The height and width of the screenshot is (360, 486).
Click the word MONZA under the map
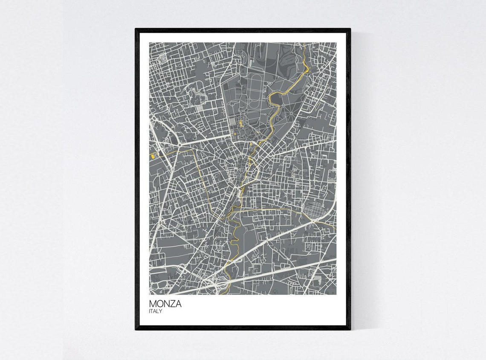click(x=165, y=304)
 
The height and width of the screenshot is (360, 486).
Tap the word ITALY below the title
click(x=156, y=311)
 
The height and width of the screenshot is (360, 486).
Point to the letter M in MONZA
click(x=153, y=304)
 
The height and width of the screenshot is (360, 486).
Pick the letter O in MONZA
click(x=159, y=304)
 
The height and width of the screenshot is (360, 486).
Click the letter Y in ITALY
click(x=161, y=311)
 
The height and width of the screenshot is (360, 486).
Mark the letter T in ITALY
click(x=153, y=311)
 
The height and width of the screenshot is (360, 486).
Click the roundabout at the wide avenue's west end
click(x=180, y=145)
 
